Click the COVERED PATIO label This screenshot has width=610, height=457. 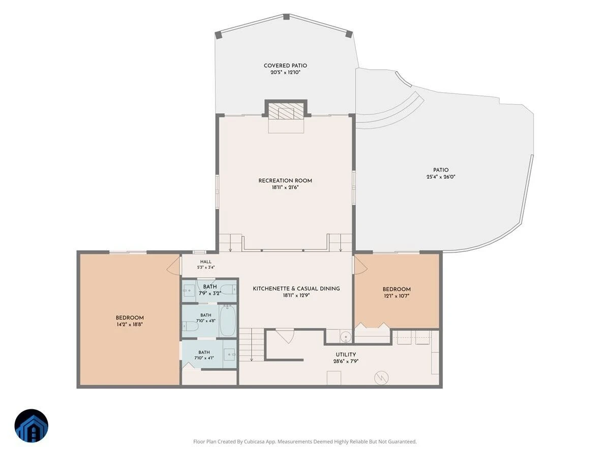point(285,66)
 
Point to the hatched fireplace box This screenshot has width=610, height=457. point(286,111)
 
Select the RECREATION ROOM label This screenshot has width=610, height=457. point(285,181)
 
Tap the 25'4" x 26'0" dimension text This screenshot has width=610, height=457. point(441,177)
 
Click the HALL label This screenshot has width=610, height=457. point(206,262)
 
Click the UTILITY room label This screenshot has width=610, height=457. point(346,354)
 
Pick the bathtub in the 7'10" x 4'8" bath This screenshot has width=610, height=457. point(227,321)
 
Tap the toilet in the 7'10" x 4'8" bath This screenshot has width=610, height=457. point(190,327)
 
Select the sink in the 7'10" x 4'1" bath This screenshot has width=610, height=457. point(230,354)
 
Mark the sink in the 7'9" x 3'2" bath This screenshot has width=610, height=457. point(189,291)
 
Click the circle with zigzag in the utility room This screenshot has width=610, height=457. point(381,377)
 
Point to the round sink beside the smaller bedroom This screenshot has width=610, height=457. point(346,337)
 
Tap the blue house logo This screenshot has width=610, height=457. point(32,426)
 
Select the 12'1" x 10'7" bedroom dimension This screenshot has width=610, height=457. point(396,296)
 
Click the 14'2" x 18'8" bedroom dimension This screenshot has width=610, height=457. point(130,324)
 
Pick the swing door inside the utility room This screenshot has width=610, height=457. point(285,336)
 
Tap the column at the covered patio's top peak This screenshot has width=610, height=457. point(286,17)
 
